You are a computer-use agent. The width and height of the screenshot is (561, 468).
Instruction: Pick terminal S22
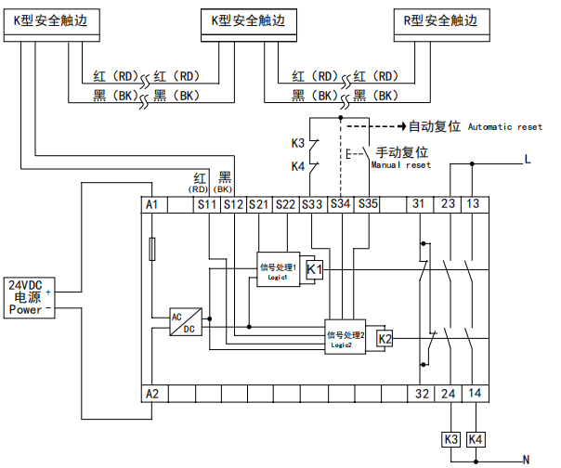coord(285,203)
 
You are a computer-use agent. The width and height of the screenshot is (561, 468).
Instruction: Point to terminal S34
coord(340,203)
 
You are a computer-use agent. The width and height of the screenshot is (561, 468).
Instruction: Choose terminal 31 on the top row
coord(421,203)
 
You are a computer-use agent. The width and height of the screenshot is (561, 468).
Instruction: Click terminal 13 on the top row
coord(474,203)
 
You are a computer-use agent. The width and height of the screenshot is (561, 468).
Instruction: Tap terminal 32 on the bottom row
coord(421,394)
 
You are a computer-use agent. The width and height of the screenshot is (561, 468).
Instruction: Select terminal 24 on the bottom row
coord(448,394)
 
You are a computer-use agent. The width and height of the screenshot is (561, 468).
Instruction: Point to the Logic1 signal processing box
coord(279,271)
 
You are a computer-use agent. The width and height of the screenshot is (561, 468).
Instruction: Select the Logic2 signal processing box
coord(345,338)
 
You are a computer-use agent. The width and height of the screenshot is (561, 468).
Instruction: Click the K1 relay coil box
coord(315,270)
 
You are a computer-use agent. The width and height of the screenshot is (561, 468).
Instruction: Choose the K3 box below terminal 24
coord(450,438)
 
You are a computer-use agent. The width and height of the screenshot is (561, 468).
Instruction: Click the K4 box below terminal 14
coord(476,438)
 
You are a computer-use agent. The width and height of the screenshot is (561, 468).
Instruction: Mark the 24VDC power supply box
coord(26,297)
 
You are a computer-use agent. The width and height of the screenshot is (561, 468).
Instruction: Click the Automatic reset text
coord(504,126)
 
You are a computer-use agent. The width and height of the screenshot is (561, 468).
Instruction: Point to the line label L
coord(528,160)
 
